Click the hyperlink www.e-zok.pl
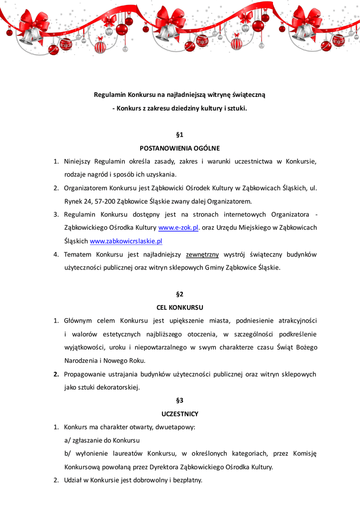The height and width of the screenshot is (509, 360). [x=179, y=228]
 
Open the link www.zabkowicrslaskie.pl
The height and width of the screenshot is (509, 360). [x=126, y=241]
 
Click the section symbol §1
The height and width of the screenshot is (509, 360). [x=180, y=135]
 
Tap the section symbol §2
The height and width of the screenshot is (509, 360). [x=180, y=294]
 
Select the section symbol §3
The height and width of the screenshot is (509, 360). [x=180, y=400]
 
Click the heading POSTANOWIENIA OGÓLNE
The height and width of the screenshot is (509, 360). [x=180, y=148]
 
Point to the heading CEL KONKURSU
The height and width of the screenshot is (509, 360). [x=180, y=307]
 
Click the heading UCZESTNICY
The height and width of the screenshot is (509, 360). [x=180, y=414]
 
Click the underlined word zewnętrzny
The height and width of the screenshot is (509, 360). [x=202, y=254]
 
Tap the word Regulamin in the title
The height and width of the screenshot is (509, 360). [x=110, y=94]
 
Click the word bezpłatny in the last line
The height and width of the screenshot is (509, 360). [x=186, y=480]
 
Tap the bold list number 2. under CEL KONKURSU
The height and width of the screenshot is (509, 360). [x=57, y=374]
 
